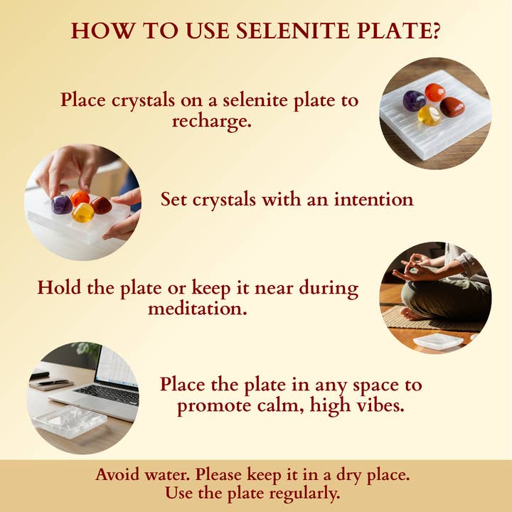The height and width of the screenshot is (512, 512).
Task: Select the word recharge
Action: [212, 120]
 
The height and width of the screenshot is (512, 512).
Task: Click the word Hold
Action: [59, 288]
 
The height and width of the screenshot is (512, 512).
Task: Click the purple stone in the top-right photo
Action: [414, 101]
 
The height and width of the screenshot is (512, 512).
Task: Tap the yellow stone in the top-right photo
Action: [429, 116]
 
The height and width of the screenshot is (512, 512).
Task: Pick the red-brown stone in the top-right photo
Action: [452, 107]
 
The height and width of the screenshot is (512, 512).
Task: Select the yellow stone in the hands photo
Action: [83, 212]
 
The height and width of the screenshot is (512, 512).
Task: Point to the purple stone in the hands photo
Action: [63, 205]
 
